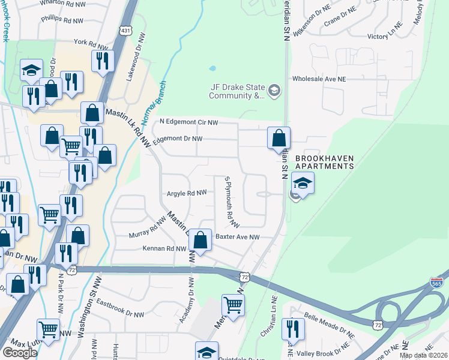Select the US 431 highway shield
coord(125,30)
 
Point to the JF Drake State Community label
coord(237,91)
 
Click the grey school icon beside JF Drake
coord(274,91)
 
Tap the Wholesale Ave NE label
coord(327,79)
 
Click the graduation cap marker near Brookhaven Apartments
coord(303,183)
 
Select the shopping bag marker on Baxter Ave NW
coord(200,240)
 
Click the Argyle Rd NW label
coord(187,193)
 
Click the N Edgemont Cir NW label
coord(188,122)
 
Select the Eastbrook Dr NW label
coord(120,309)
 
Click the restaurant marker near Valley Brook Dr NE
coord(293,329)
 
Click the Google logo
coord(20,353)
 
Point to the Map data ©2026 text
coord(423,355)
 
